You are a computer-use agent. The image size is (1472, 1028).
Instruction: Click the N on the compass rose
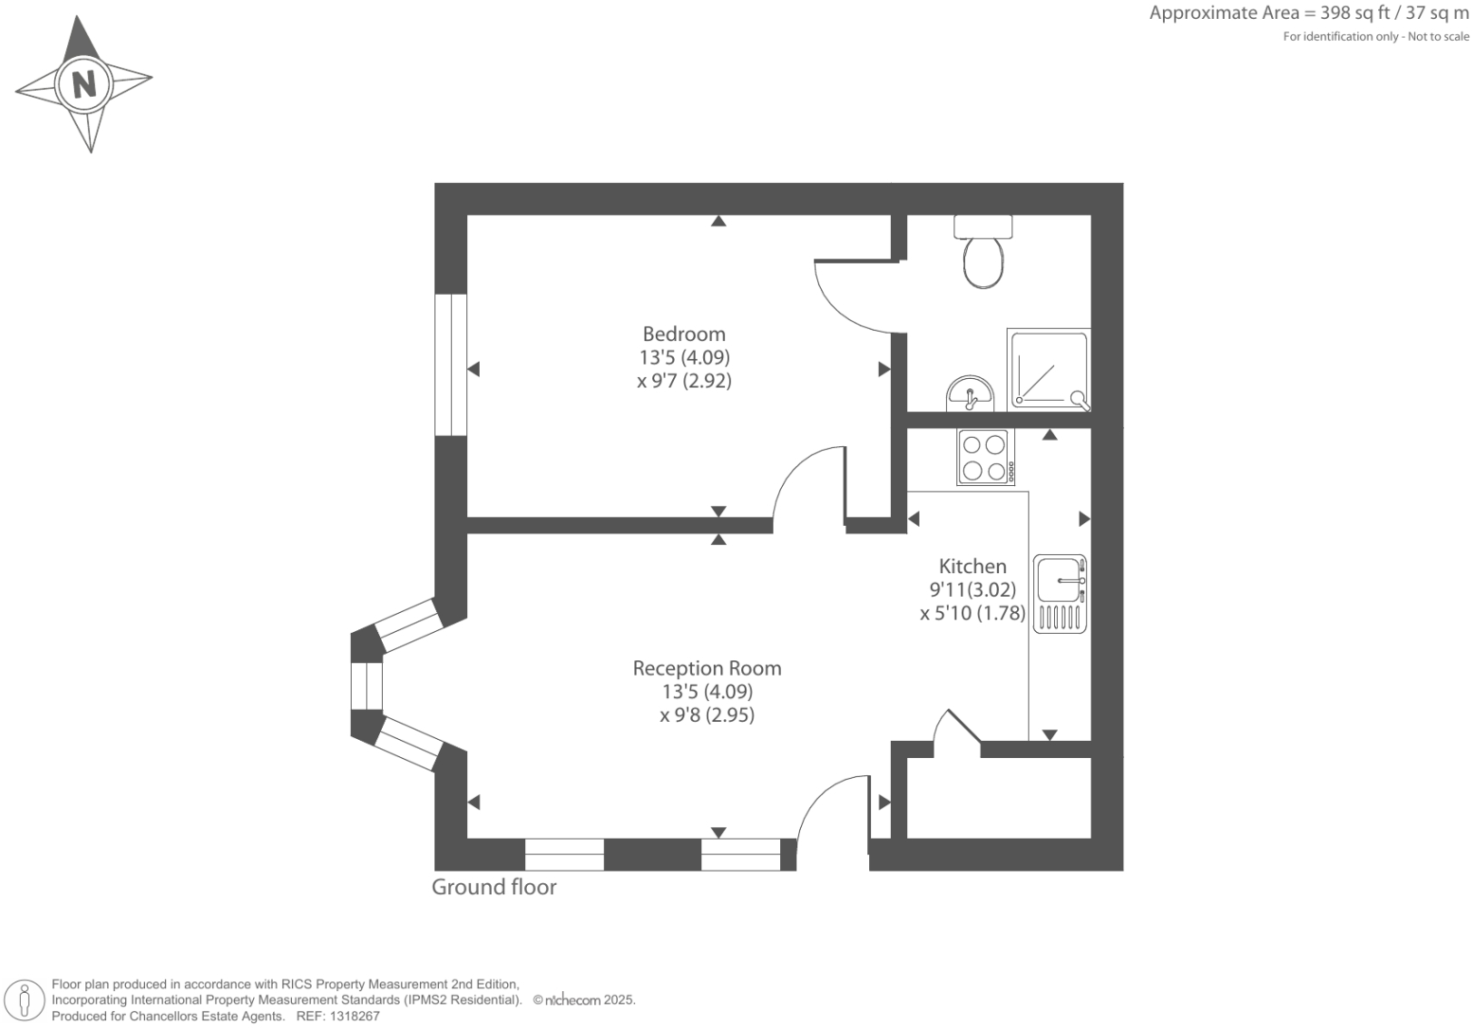point(84,84)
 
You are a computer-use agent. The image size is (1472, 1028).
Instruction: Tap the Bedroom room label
point(683,334)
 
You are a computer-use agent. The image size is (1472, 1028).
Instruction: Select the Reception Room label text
point(707,668)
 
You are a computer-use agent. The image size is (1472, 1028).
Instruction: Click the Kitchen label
point(972,567)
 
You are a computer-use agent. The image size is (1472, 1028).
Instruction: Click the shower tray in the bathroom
point(1048,370)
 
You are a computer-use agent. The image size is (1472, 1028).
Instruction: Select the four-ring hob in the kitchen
point(985,457)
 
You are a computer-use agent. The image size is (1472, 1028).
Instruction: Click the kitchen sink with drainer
point(1060,593)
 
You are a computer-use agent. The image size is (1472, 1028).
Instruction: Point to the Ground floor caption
point(494,887)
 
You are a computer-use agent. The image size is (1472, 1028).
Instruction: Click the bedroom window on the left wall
point(451,365)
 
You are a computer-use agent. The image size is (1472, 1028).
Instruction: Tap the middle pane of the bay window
point(366,685)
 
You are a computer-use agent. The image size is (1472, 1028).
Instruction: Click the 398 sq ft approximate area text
point(1309,13)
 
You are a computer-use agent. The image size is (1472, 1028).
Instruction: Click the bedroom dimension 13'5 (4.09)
point(684,358)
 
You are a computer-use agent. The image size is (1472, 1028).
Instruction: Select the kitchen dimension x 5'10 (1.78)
point(972,613)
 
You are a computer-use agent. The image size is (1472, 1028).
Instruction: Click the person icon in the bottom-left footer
point(26,1001)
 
